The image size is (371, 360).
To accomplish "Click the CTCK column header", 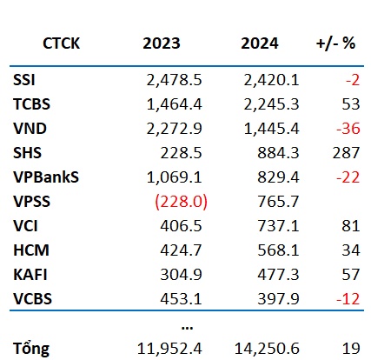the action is point(61,43).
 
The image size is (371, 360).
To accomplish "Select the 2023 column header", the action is point(162,43).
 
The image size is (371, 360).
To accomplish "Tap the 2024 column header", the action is point(260,43).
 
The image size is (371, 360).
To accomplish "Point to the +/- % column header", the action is point(335,43).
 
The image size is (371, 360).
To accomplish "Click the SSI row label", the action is point(24,80).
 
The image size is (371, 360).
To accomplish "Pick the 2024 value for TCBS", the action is point(271,104).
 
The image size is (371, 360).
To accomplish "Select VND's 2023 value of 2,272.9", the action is point(174,129).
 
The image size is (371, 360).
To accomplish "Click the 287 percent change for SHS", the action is point(346,153).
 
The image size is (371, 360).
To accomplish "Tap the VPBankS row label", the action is point(46,177).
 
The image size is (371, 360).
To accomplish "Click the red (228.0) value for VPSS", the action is point(182,202).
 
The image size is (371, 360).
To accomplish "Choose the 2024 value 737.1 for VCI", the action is point(278,226).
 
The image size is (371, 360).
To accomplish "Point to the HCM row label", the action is point(31,250).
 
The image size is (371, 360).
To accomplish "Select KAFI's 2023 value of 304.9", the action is point(181,275).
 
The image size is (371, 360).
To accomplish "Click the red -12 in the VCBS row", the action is point(348,299).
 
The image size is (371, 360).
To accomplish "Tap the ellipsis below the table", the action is point(187,328).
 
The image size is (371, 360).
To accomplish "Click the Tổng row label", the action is point(31,349).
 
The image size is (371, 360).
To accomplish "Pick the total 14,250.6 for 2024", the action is point(267,349).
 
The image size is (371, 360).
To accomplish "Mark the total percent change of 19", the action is point(351,349).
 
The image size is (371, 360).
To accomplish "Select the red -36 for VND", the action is point(348,129).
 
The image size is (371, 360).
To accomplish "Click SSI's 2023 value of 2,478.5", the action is point(174,80).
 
